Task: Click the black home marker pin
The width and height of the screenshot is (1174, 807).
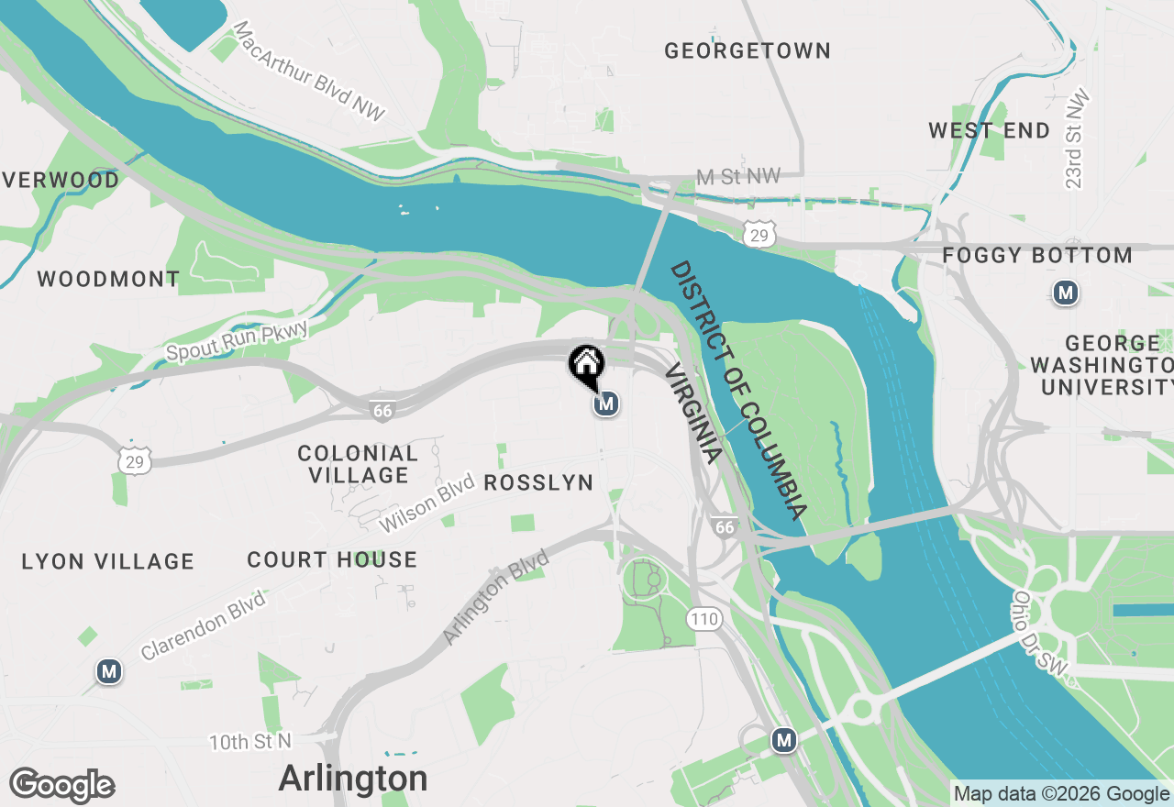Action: pos(586,364)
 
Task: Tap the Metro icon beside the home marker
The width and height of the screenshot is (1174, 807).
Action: pos(605,403)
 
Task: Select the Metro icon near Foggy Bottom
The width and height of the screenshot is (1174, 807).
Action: pos(1065,293)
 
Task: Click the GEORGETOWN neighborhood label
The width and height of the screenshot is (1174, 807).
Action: pos(748,50)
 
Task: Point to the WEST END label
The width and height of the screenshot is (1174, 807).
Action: pos(989,131)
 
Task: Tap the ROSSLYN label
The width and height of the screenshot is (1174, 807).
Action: pos(538,482)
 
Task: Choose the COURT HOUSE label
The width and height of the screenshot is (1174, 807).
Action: pos(332,559)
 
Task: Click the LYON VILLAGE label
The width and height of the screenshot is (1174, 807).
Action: pos(108,561)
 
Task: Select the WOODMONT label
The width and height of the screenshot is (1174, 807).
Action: pos(108,279)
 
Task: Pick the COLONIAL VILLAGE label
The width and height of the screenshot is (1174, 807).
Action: pos(358,464)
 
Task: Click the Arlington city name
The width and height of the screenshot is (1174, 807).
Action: pos(353,779)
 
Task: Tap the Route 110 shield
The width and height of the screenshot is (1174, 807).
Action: pos(704,619)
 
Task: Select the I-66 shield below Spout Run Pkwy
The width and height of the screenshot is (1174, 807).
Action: pos(382,411)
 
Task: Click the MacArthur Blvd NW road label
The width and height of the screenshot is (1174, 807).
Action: pos(309,72)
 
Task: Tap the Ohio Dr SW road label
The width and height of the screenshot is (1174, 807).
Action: pos(1040,636)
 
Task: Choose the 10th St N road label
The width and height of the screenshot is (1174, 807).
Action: pos(249,741)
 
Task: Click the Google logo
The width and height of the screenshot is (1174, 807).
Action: pos(61,786)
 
